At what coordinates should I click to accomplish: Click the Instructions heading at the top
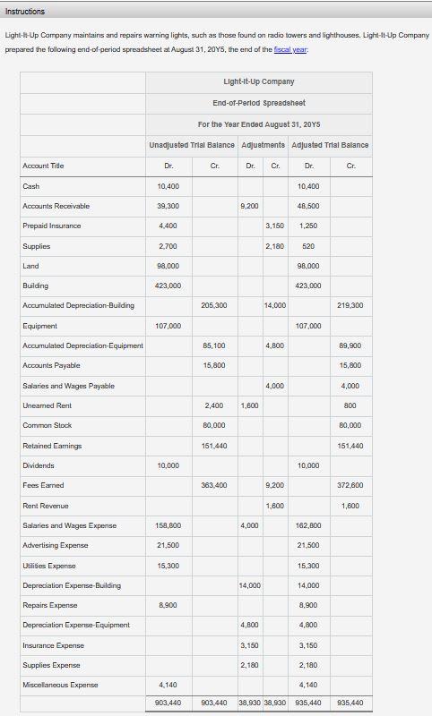point(25,11)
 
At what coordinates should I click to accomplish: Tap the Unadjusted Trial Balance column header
point(192,144)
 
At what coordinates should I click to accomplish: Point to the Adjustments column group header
point(263,144)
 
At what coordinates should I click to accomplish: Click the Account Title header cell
point(43,166)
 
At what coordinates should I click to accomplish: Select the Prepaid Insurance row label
point(51,226)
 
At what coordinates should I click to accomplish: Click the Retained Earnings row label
point(52,445)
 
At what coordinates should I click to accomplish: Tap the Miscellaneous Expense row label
point(61,685)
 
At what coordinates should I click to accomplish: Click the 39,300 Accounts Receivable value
point(168,206)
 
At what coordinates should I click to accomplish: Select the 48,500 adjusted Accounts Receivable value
point(307,206)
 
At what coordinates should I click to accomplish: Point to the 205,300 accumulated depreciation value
point(215,305)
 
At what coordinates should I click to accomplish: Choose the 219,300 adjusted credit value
point(350,305)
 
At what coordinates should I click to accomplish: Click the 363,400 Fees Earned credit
point(215,485)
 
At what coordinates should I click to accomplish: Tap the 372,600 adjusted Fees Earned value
point(350,485)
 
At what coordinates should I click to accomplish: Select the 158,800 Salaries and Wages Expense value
point(168,525)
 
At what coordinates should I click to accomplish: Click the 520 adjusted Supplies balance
point(307,245)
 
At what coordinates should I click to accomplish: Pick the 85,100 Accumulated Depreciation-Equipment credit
point(215,345)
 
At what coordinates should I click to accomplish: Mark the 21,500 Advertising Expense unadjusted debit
point(168,545)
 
